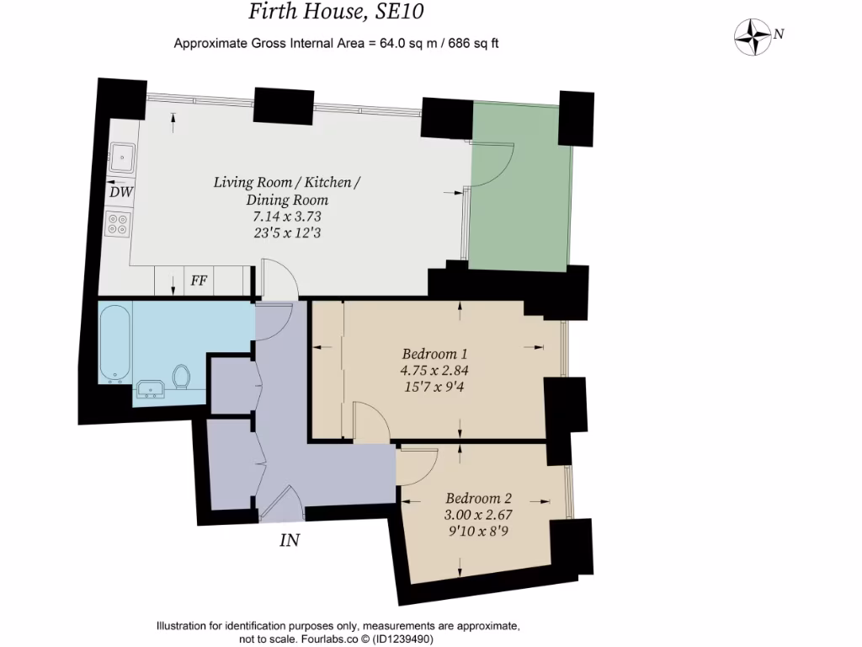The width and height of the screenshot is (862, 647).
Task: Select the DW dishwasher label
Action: tap(121, 192)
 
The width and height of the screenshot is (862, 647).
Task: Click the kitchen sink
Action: tap(123, 155)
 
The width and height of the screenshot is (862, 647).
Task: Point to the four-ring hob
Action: tap(118, 224)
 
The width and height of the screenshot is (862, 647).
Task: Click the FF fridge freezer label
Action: tap(199, 281)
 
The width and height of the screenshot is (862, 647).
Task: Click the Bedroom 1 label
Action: tap(434, 354)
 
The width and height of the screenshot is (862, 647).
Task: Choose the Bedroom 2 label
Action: tap(478, 497)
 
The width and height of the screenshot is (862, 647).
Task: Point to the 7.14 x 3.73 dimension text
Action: tap(287, 217)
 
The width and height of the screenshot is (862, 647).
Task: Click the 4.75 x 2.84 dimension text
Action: tap(434, 371)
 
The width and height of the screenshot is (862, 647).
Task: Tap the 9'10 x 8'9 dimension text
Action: tap(478, 531)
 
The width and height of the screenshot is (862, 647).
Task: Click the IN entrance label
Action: tap(290, 540)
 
